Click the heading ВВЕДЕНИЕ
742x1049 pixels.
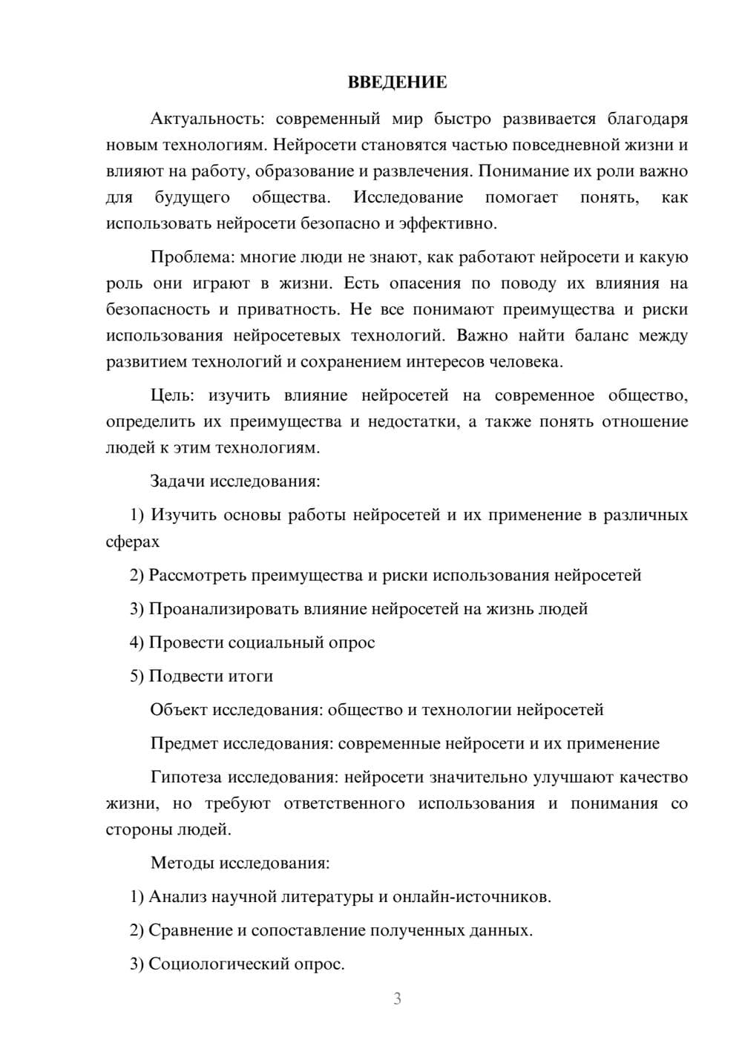397,82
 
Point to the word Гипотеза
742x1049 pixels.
186,777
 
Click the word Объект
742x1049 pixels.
179,710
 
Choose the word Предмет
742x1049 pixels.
184,743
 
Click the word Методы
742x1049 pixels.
178,863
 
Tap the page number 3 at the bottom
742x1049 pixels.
397,999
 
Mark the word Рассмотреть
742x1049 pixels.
197,576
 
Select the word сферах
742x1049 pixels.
132,542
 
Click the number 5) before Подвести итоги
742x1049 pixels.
137,677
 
